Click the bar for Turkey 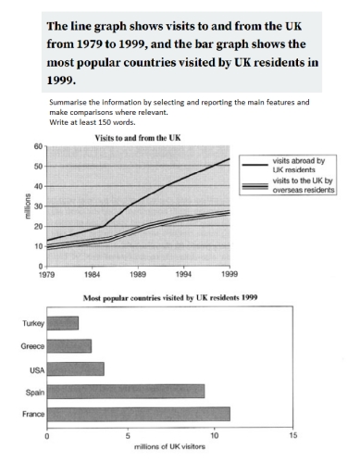coord(62,323)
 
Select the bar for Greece coord(68,345)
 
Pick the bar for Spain coord(125,391)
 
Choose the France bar coord(138,413)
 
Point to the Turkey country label coord(28,323)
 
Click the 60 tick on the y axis coord(38,146)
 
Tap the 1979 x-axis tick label coord(46,275)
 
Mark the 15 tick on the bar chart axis coord(293,434)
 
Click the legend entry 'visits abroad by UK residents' coord(301,167)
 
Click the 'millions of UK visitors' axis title coord(169,446)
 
